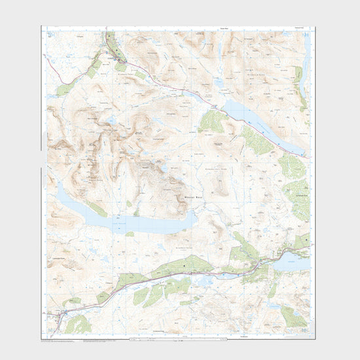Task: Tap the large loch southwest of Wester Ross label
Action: [124, 221]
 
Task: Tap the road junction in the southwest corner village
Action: [60, 316]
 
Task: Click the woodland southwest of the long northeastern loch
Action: [211, 122]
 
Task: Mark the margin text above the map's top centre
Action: [178, 28]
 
